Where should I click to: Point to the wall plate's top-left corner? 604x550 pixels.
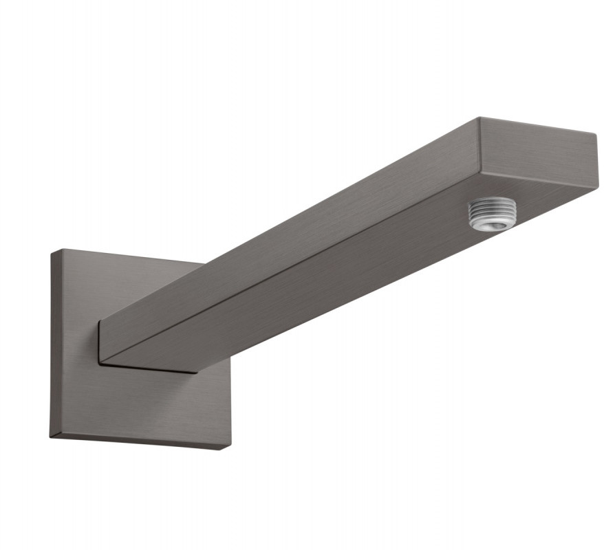tap(52, 251)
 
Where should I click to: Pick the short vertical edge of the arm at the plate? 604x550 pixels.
tap(99, 342)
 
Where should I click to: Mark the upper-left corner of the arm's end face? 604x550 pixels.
tap(479, 118)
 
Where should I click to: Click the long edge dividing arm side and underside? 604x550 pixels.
tap(289, 265)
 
